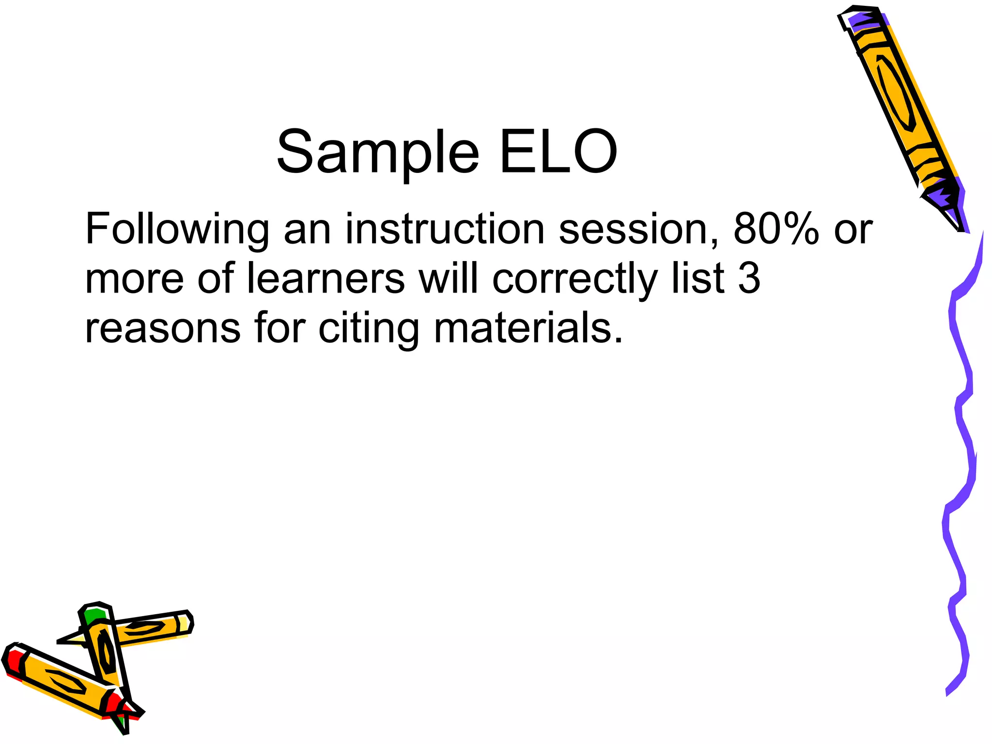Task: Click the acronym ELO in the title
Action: pos(558,153)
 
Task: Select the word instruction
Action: pos(445,229)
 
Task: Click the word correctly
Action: pos(574,279)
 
